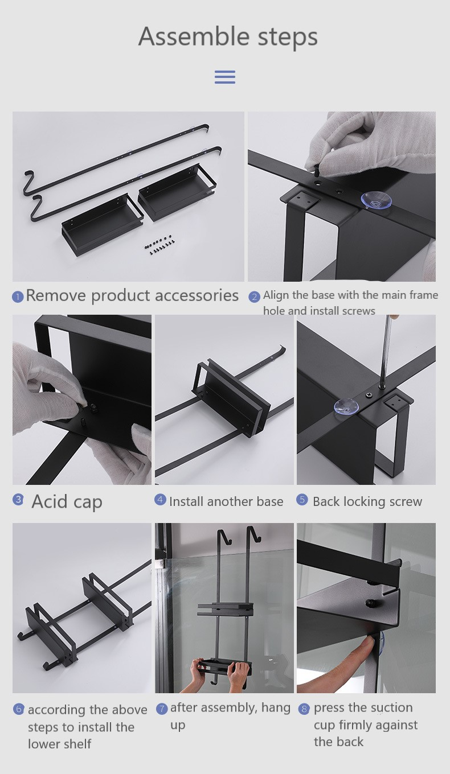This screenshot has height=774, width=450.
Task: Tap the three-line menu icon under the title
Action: tap(225, 77)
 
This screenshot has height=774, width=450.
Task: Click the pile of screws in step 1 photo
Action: tap(159, 244)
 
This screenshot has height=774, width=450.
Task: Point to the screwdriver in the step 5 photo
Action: tap(386, 353)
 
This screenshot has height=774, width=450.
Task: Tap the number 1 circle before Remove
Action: tap(18, 297)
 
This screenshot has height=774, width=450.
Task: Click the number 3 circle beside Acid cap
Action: tap(18, 500)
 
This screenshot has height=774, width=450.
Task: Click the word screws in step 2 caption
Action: tap(358, 311)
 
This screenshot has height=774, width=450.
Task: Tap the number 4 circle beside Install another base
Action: tap(160, 500)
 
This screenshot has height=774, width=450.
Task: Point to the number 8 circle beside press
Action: tap(304, 709)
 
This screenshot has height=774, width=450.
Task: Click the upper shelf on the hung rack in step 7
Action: tap(224, 608)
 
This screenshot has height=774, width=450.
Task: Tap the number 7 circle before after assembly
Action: tap(162, 709)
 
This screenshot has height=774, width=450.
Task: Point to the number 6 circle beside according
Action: tap(19, 709)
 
